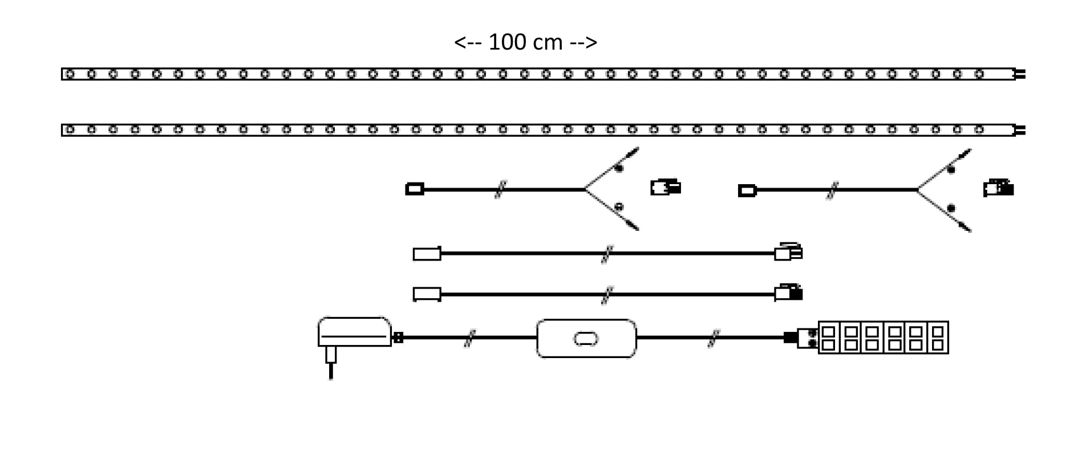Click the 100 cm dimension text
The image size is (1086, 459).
(x=525, y=43)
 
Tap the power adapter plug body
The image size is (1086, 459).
(x=354, y=331)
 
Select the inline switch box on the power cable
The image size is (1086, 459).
(x=586, y=339)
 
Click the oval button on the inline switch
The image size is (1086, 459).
(x=586, y=339)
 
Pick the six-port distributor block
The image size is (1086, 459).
(x=883, y=338)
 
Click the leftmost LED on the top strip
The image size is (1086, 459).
(x=70, y=74)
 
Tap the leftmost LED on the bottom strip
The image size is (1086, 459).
(x=70, y=130)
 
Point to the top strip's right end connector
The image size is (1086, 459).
(x=1020, y=74)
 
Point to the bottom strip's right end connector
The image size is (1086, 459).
(x=1020, y=130)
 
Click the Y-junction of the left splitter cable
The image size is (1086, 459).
(x=585, y=189)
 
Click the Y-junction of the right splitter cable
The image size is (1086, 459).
(x=918, y=190)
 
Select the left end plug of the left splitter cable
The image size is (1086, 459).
(x=415, y=189)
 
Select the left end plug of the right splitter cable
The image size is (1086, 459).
(x=747, y=190)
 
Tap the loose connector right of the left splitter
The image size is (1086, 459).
(x=666, y=187)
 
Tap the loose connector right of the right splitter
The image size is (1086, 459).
(x=998, y=188)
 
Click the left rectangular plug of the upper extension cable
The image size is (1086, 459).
(x=427, y=254)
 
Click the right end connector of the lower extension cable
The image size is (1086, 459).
(x=788, y=293)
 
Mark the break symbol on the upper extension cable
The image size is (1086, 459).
(x=607, y=254)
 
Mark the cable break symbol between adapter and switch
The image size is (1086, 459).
(x=469, y=338)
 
